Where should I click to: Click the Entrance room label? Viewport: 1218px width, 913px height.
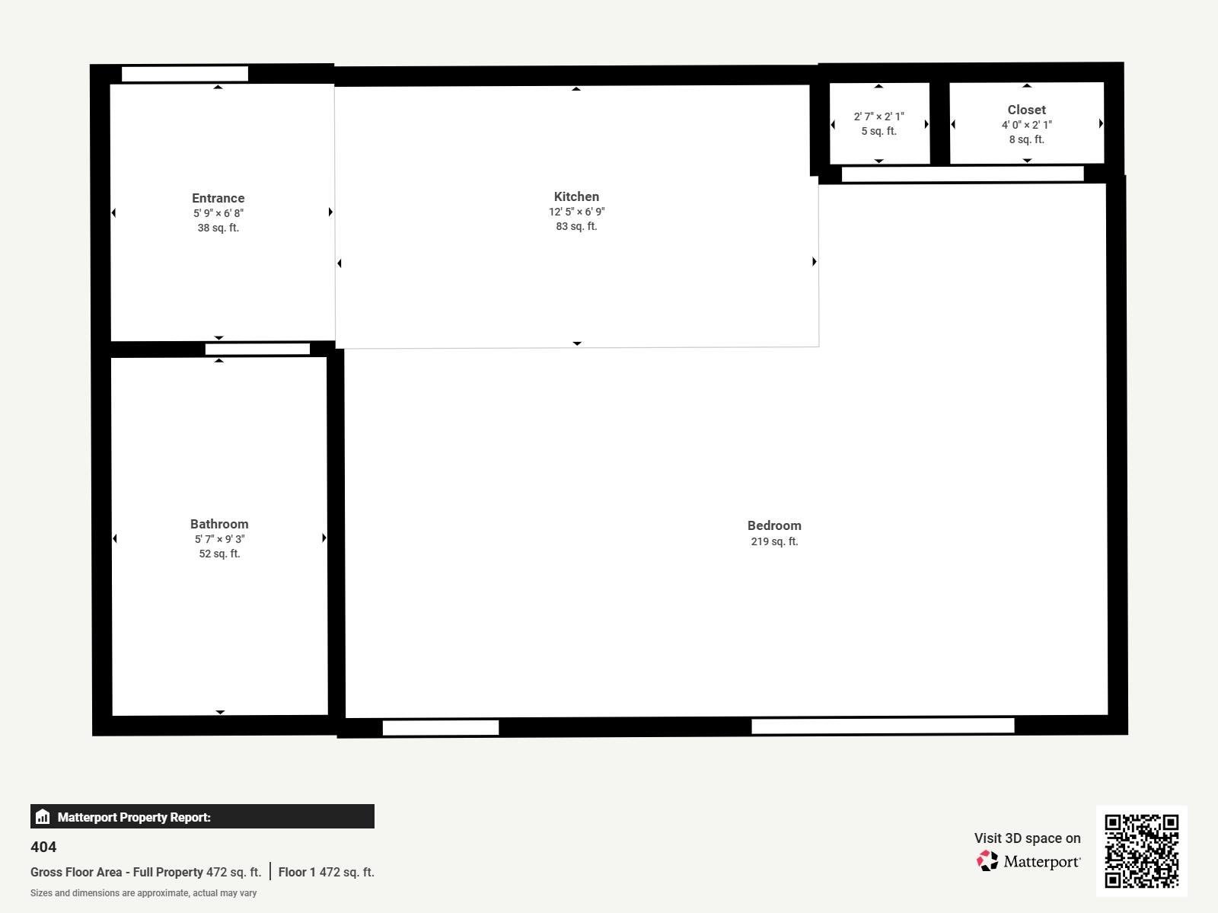(218, 198)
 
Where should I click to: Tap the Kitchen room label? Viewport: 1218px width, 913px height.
(576, 196)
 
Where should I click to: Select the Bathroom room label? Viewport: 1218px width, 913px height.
(219, 524)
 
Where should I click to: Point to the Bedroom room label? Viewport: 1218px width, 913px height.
(774, 525)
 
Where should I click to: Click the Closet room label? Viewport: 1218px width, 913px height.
(1026, 110)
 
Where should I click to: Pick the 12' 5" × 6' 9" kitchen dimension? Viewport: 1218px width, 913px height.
(576, 212)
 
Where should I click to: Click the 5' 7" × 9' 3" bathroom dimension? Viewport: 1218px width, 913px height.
(219, 539)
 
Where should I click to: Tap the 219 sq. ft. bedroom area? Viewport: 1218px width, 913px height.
(774, 541)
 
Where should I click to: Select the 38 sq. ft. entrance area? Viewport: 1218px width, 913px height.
(218, 228)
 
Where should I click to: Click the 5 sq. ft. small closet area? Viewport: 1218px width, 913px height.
(878, 131)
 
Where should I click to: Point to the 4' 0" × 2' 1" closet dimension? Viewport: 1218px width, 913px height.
(1026, 125)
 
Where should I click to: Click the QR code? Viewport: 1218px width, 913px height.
(1141, 851)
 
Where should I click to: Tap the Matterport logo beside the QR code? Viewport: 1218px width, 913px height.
(1028, 861)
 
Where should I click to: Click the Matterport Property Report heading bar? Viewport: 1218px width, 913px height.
(202, 816)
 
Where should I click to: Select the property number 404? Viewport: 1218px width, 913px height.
(43, 847)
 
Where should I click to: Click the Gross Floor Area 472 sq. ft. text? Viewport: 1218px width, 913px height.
(145, 872)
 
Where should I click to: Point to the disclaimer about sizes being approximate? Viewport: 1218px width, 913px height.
(143, 893)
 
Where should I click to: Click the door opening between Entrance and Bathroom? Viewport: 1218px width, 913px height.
(257, 349)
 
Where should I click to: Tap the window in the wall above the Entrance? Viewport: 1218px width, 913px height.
(185, 74)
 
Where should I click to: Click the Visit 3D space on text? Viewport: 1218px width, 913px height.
(1027, 838)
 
